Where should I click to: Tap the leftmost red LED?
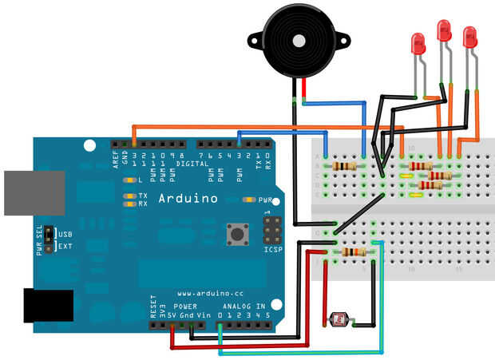(417, 44)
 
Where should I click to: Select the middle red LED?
(444, 31)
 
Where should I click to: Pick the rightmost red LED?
(469, 37)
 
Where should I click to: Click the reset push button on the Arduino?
(237, 235)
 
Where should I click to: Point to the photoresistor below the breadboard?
(339, 320)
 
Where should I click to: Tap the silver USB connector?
(33, 192)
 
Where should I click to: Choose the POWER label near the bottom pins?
(185, 306)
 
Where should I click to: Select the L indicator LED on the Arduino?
(129, 180)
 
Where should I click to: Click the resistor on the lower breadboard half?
(353, 252)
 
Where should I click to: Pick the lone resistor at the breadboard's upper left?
(344, 166)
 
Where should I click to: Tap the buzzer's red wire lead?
(303, 89)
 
